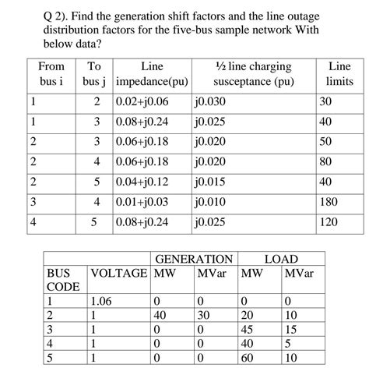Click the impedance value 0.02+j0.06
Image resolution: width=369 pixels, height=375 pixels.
pyautogui.click(x=142, y=101)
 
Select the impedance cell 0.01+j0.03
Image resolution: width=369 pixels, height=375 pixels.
pyautogui.click(x=142, y=202)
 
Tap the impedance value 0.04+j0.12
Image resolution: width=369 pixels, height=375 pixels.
pyautogui.click(x=142, y=182)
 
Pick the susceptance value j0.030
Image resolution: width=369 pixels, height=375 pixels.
pyautogui.click(x=211, y=101)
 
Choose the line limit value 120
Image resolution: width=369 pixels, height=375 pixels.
pyautogui.click(x=329, y=222)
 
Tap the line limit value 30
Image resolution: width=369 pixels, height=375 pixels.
pyautogui.click(x=326, y=101)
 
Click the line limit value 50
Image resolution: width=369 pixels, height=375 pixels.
pyautogui.click(x=326, y=141)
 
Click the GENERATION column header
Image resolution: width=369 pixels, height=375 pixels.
pyautogui.click(x=194, y=259)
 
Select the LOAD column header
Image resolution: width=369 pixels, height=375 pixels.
pyautogui.click(x=281, y=259)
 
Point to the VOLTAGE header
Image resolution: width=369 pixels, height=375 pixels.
pyautogui.click(x=119, y=273)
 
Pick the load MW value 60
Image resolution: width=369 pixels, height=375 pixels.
pyautogui.click(x=249, y=358)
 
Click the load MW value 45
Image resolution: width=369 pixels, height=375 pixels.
pyautogui.click(x=249, y=330)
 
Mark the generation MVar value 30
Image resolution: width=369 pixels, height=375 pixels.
pyautogui.click(x=204, y=316)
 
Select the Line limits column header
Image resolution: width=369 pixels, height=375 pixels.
pyautogui.click(x=339, y=74)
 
